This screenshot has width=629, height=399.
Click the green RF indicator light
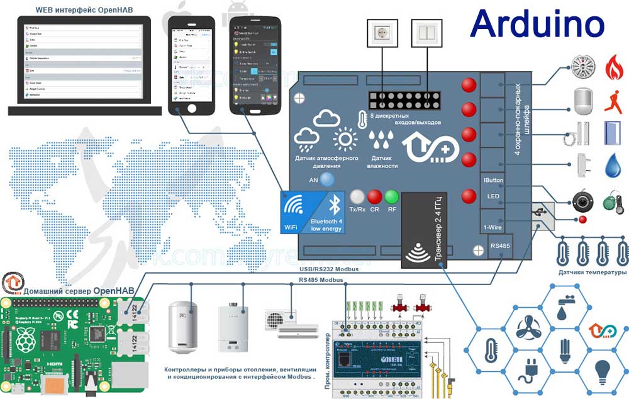coord(392,196)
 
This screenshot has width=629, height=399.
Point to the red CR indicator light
coord(375,196)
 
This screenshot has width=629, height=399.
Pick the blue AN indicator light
coord(326,179)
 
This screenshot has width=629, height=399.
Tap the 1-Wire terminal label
coord(493,227)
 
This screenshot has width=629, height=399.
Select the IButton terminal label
coord(493,180)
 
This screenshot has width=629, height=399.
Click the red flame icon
coord(613,67)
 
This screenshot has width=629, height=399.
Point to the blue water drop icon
coord(613,166)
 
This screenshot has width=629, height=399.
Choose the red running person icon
coord(613,99)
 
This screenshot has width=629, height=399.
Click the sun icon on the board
coord(345,139)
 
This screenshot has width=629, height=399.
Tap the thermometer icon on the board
coord(362,119)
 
